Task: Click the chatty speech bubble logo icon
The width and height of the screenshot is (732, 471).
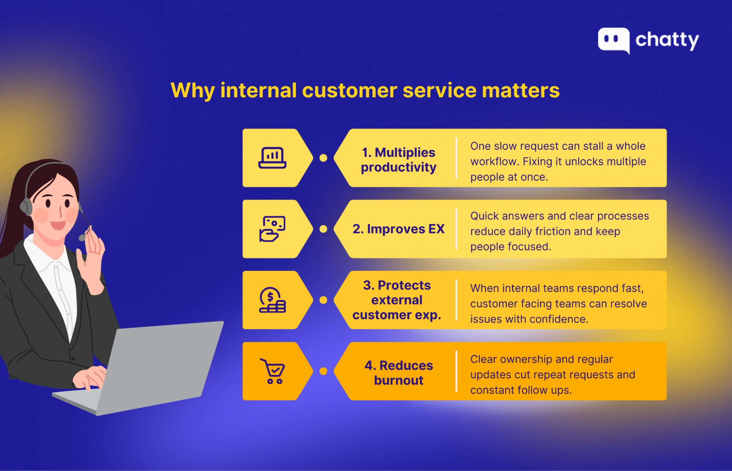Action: pos(613,40)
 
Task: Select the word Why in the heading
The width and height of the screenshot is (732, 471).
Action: pos(193,91)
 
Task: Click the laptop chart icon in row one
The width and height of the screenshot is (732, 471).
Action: pos(272,158)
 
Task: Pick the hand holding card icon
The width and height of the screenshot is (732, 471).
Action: pos(272,229)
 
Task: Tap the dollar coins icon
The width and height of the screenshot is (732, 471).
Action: pos(272,300)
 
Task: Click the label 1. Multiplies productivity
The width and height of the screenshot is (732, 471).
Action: pos(398,160)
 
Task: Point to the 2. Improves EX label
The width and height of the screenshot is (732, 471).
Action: pos(398,229)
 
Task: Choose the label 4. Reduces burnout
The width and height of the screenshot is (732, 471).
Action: pos(398,373)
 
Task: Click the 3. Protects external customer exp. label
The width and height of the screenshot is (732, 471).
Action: pos(397,300)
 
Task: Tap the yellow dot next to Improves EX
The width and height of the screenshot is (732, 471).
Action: pos(323,229)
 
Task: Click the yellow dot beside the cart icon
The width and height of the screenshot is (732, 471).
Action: pos(323,371)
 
